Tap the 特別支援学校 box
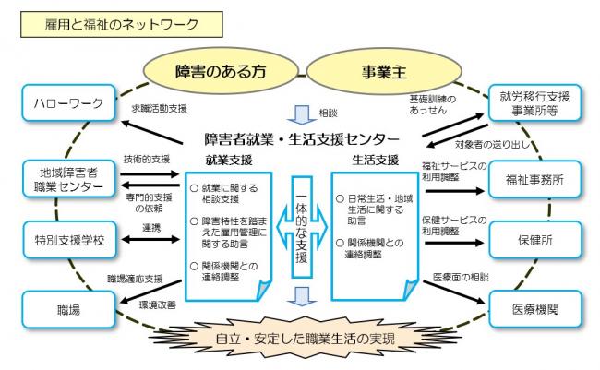pyautogui.click(x=66, y=243)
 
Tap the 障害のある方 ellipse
pyautogui.click(x=216, y=69)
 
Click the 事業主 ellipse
pyautogui.click(x=385, y=69)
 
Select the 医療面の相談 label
pyautogui.click(x=459, y=277)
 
